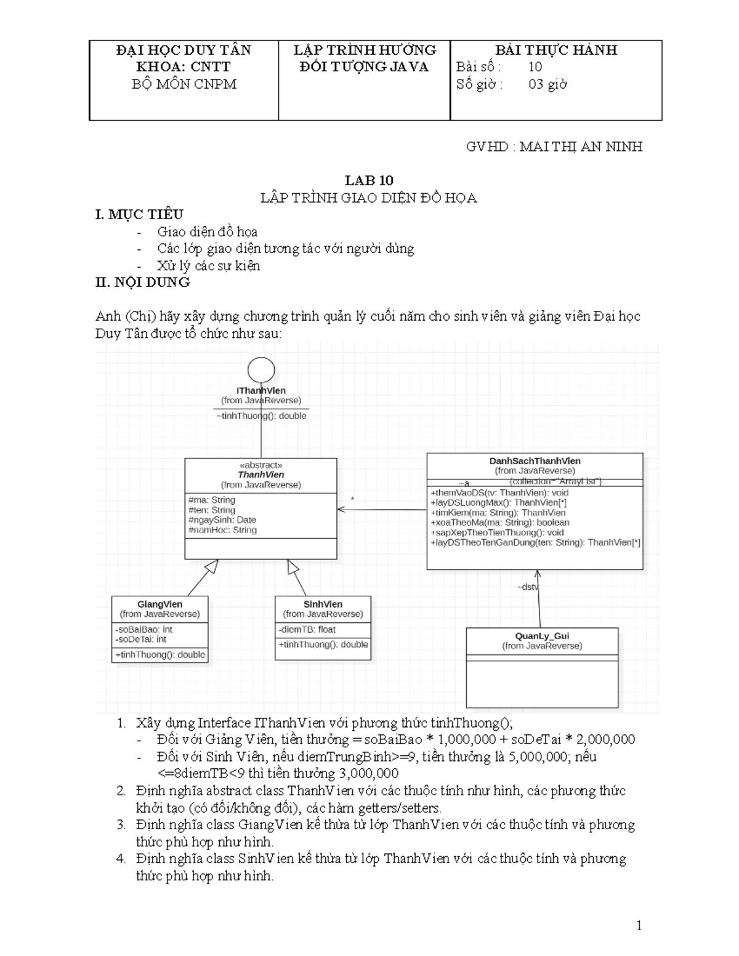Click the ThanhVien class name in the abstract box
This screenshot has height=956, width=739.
(261, 475)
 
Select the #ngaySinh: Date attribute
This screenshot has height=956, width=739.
(222, 520)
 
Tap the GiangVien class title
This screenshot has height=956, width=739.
(160, 604)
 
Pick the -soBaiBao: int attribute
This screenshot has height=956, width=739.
(143, 630)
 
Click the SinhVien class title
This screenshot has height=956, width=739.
(323, 604)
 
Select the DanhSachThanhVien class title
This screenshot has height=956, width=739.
(535, 461)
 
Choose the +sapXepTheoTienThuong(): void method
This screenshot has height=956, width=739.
(497, 532)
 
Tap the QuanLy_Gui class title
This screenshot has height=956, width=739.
(543, 636)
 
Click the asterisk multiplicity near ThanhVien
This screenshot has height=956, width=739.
(352, 499)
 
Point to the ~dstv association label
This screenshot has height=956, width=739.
(527, 587)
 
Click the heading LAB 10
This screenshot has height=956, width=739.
(369, 180)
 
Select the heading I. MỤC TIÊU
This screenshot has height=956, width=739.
(139, 215)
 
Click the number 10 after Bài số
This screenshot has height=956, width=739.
(535, 67)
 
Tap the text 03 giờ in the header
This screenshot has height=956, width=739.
(547, 84)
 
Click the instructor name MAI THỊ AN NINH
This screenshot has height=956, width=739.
(581, 147)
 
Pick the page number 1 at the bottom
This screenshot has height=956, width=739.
(639, 926)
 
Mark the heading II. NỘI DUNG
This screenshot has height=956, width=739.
(143, 282)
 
